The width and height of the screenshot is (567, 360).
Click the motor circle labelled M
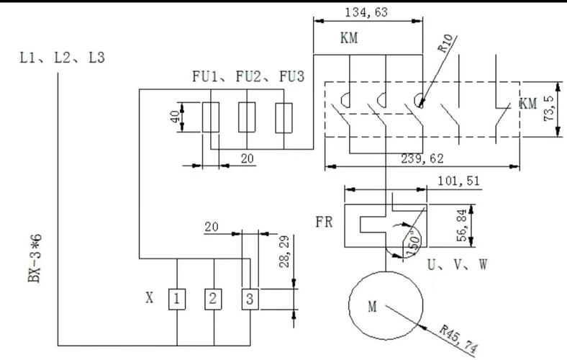[349, 306]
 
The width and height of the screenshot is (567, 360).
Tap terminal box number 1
[177, 300]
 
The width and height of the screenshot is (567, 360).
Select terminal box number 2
[214, 300]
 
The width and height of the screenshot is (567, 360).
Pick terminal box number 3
[250, 300]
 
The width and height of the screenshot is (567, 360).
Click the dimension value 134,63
[366, 13]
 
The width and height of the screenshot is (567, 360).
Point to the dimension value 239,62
[422, 159]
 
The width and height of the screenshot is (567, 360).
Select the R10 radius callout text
[445, 43]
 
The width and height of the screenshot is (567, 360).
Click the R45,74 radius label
[458, 339]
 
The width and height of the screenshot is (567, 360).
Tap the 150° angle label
[413, 242]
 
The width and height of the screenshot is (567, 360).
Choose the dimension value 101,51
[459, 181]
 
